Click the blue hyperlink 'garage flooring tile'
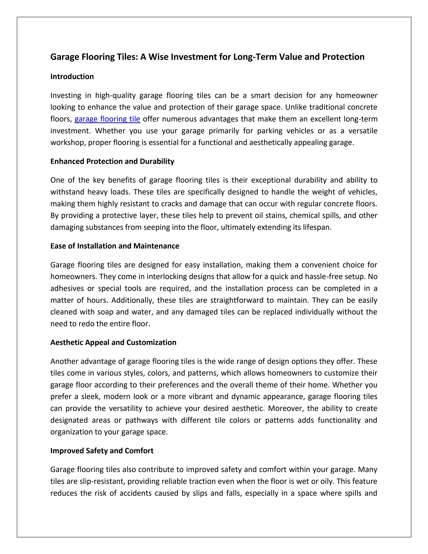[107, 119]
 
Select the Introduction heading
[72, 77]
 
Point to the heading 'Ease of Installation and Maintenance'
[115, 246]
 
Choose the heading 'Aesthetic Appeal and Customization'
[113, 342]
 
